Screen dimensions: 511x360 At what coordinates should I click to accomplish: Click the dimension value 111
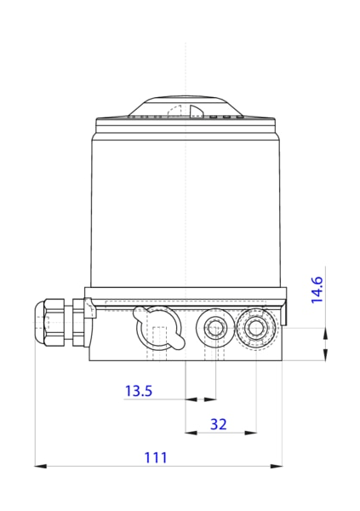point(155,457)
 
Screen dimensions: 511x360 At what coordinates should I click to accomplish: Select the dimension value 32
point(219,423)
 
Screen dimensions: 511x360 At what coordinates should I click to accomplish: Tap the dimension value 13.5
point(139,391)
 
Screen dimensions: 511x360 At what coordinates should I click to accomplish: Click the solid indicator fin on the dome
point(196,112)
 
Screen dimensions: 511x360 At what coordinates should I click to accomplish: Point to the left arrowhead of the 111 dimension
point(39,466)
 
